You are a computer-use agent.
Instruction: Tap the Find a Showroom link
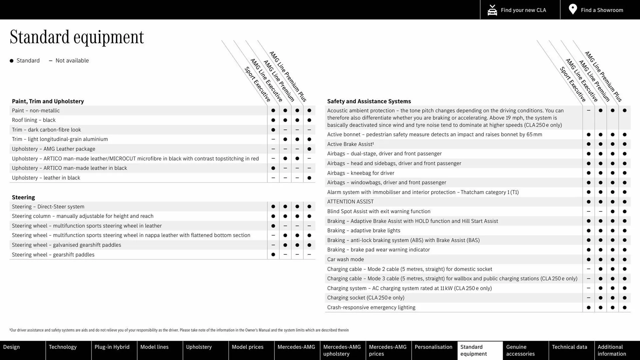pos(602,10)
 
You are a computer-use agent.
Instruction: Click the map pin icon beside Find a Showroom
pos(573,9)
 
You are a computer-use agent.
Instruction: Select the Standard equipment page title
pos(77,37)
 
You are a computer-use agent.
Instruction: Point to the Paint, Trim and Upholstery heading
pos(48,101)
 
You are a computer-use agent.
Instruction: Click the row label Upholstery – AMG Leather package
pos(53,149)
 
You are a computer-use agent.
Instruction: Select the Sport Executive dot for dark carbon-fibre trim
pos(273,130)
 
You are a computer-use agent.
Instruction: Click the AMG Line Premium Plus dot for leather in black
pos(309,178)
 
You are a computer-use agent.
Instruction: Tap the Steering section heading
pos(23,197)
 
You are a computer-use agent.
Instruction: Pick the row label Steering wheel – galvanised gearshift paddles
pos(66,245)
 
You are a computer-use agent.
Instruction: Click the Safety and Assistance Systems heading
pos(369,101)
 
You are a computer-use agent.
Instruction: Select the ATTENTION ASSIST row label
pos(350,202)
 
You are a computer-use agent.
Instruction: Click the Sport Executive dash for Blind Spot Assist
pos(588,211)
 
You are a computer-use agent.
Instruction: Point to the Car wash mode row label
pos(345,259)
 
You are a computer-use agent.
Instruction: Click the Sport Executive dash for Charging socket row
pos(588,298)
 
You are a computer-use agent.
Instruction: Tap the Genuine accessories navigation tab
pos(520,350)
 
